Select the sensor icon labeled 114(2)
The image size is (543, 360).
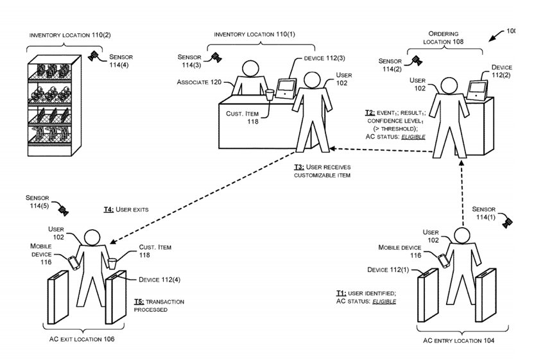point(417,61)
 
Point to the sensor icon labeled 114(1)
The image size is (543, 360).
point(507,222)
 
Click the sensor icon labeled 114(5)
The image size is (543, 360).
point(62,210)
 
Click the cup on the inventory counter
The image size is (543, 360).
point(270,95)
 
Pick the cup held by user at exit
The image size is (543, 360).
point(112,262)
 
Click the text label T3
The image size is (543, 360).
point(293,168)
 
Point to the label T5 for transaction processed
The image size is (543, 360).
point(141,301)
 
